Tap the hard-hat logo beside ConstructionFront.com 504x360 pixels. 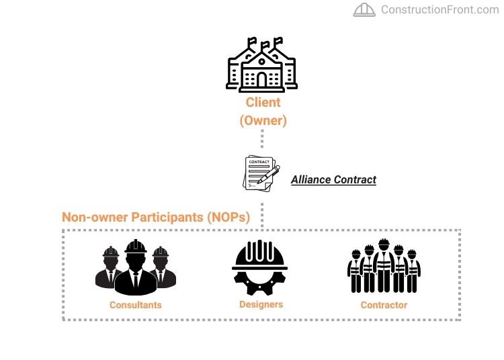[364, 9]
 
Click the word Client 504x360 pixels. [263, 103]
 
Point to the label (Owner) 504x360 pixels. [263, 121]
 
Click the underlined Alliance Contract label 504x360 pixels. [333, 180]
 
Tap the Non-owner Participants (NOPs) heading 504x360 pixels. [156, 217]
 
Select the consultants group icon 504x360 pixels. [135, 268]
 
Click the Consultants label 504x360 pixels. [136, 305]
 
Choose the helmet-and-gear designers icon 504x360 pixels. [261, 268]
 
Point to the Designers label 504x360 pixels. [261, 304]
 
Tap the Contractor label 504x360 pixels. [384, 305]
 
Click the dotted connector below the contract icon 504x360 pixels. [263, 210]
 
